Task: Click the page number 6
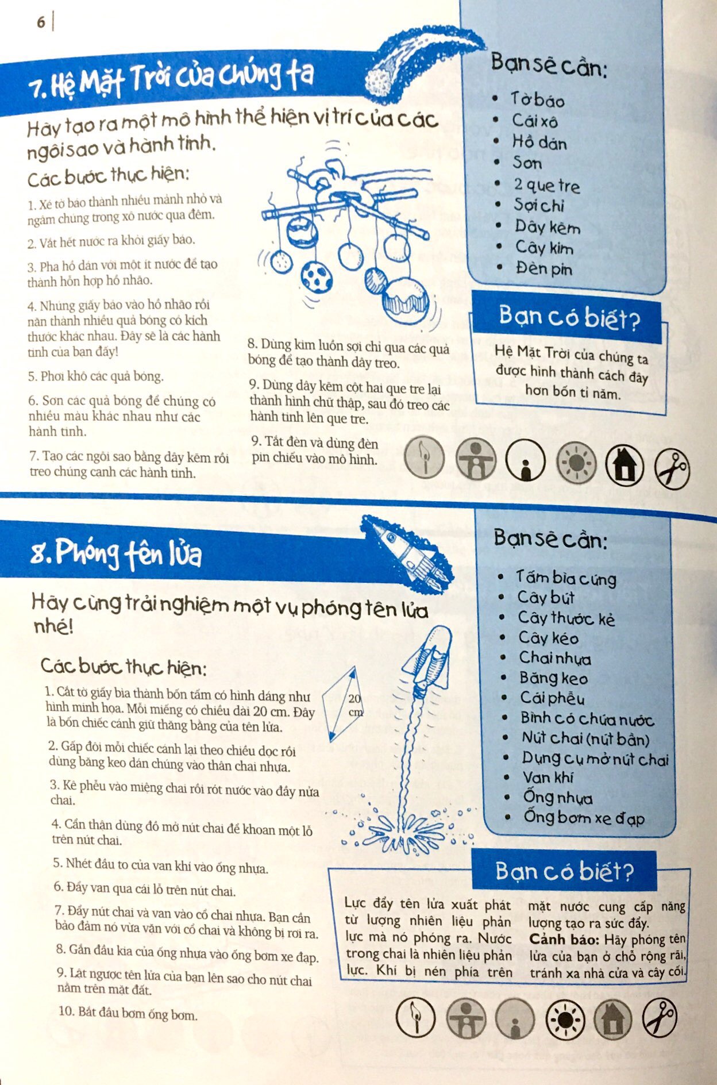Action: [41, 22]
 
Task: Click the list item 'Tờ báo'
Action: [537, 99]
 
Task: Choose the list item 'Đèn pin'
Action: [543, 268]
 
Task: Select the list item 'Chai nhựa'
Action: [555, 657]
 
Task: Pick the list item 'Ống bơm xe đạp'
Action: [584, 817]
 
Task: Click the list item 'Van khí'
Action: [548, 777]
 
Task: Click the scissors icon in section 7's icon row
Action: [672, 469]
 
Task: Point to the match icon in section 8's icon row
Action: [415, 1018]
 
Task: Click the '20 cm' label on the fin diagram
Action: [355, 705]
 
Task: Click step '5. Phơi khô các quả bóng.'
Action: [96, 376]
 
